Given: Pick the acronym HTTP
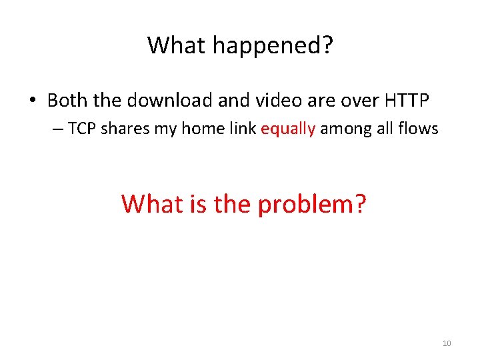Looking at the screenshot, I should point(407,101).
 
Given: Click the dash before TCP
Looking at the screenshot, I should point(57,129).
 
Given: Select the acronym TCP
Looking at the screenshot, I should point(82,129).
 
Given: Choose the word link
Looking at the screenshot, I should point(244,129).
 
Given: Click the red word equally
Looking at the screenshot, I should point(288,129).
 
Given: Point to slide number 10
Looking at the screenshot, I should point(447,343).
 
